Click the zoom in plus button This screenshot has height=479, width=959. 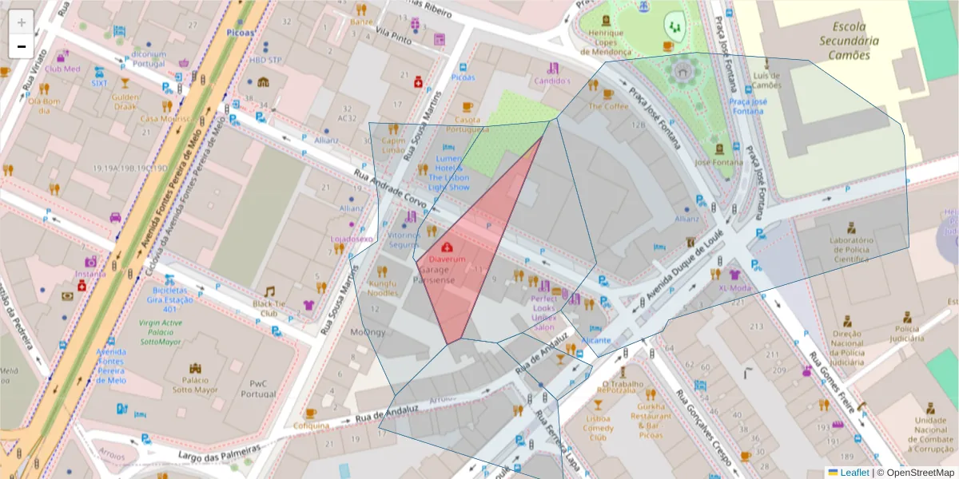[21, 22]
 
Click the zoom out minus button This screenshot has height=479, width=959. [21, 46]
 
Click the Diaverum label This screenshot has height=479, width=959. [447, 259]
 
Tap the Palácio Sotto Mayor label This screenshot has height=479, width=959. [200, 386]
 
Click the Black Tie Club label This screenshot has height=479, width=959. [269, 308]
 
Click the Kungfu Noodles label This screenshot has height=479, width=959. [382, 287]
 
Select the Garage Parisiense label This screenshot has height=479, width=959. [437, 275]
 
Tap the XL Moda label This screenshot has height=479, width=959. [734, 288]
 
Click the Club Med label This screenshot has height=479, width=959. [62, 69]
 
